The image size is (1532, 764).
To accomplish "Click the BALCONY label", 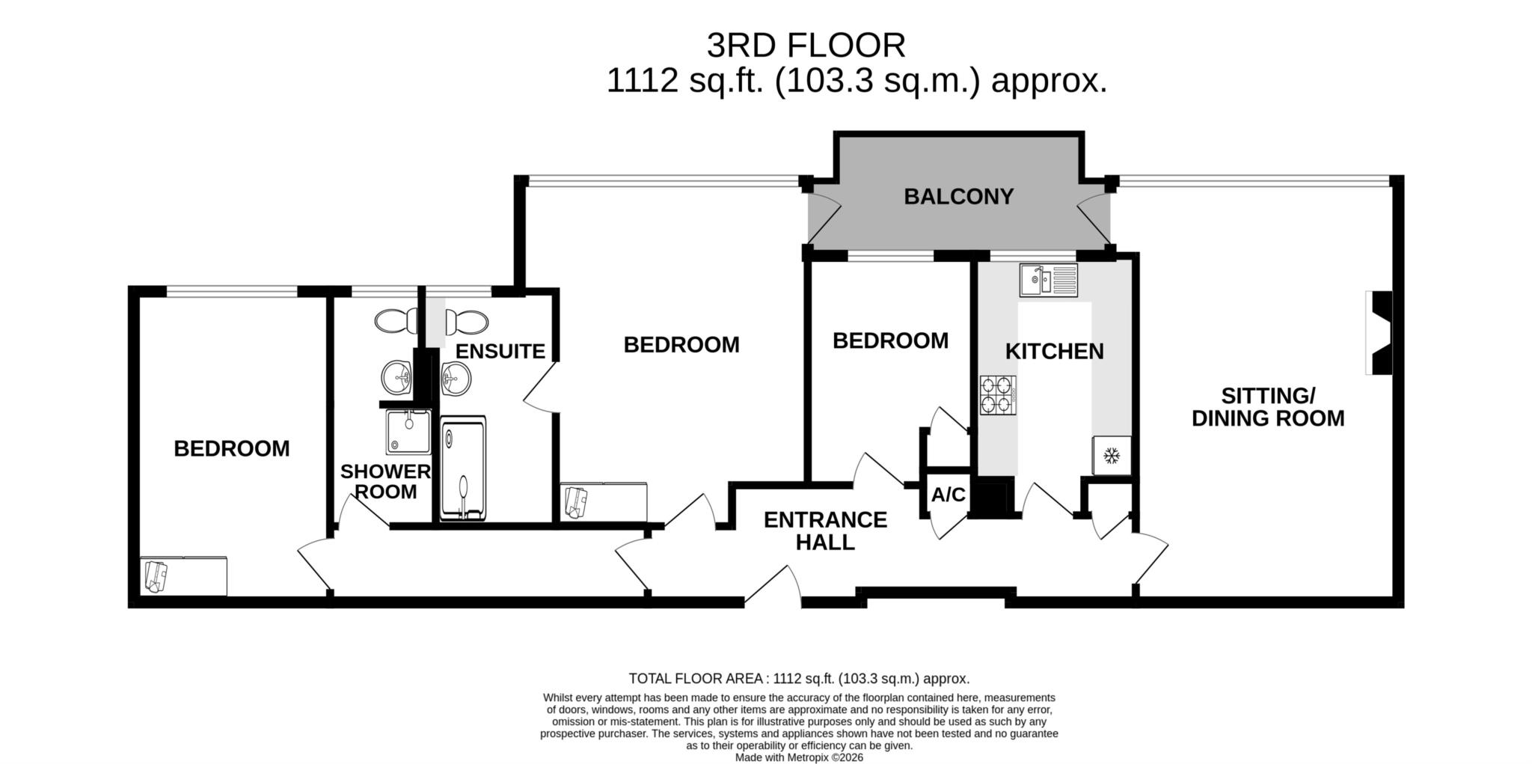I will (958, 197).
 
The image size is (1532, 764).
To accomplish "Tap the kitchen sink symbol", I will (1048, 280).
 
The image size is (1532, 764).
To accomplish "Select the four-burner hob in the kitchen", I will (998, 395).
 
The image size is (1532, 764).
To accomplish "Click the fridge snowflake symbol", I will (1112, 455).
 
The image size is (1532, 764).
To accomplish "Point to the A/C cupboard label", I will (948, 495).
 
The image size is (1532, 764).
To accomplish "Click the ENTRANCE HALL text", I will (825, 531).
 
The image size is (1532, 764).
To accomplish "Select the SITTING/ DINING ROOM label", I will (1267, 407).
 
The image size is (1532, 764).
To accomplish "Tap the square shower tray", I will (408, 432).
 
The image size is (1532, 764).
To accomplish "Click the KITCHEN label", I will (1054, 351).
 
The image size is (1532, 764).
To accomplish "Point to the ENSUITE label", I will (500, 351).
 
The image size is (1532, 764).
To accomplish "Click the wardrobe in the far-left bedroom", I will (183, 576).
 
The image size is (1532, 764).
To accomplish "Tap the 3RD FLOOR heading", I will (806, 46).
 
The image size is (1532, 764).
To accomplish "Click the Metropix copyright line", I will (799, 757).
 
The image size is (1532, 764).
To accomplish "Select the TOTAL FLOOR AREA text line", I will (799, 679).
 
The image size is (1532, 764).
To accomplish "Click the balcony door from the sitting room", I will (1094, 217).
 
